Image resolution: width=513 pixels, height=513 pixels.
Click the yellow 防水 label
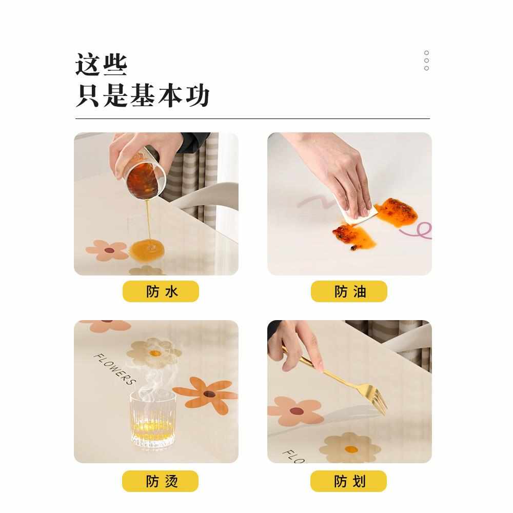pyautogui.click(x=161, y=291)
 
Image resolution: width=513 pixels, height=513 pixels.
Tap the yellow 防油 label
pyautogui.click(x=349, y=291)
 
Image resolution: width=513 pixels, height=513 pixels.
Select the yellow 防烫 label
pyautogui.click(x=160, y=481)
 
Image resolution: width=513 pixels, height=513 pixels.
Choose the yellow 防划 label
pyautogui.click(x=348, y=481)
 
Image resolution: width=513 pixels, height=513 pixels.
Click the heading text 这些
pyautogui.click(x=101, y=65)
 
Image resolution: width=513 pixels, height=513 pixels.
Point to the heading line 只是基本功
pyautogui.click(x=143, y=96)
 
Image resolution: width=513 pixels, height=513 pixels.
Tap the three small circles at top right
pyautogui.click(x=426, y=61)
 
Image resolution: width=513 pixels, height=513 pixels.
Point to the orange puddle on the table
pyautogui.click(x=148, y=250)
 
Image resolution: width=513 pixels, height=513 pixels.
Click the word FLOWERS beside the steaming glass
pyautogui.click(x=114, y=368)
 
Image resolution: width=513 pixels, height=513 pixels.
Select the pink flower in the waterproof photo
pyautogui.click(x=107, y=250)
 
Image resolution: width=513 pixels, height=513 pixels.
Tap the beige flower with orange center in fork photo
pyautogui.click(x=350, y=448)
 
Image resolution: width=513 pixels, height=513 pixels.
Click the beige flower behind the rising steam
pyautogui.click(x=154, y=352)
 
